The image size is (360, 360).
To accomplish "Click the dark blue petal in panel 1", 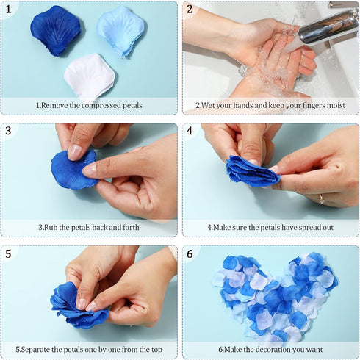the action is [56, 31].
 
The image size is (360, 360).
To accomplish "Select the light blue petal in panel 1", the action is [120, 31].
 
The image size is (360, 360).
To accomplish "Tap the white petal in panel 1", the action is [90, 76].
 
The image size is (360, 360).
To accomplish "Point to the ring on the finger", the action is [322, 198].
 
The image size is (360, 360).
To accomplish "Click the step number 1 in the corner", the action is [8, 10].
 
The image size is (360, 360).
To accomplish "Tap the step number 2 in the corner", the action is [190, 10].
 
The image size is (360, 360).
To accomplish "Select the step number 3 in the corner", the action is [8, 131].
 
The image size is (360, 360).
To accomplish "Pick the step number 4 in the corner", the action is [190, 131].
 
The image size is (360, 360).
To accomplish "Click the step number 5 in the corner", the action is [8, 254].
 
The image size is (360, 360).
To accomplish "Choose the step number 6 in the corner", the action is [190, 254].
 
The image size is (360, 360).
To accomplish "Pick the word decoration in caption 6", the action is [272, 350].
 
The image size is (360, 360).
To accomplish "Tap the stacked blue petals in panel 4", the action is [252, 171].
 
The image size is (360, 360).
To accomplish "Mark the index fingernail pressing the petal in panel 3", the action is [74, 152].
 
